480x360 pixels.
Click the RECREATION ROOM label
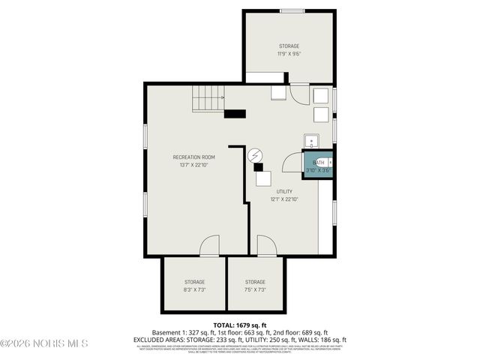193,157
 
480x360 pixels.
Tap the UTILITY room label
284,191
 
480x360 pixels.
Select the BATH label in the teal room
319,162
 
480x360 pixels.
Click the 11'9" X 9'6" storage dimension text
289,54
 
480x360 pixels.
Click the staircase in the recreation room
208,98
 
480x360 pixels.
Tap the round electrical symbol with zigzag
256,155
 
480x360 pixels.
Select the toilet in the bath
328,162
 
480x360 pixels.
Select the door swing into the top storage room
298,94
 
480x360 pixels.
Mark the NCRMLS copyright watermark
45,343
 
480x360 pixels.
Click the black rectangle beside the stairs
235,114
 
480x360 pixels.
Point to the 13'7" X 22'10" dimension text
193,165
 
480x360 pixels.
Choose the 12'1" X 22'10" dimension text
284,199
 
